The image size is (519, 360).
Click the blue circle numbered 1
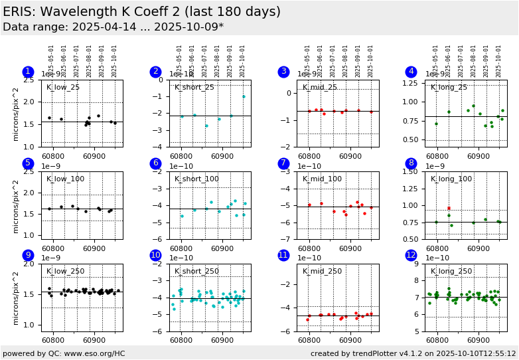pyautogui.click(x=27, y=72)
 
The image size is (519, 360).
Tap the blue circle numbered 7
pyautogui.click(x=283, y=163)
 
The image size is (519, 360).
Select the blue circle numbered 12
pyautogui.click(x=411, y=255)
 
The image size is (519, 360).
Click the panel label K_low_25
pyautogui.click(x=63, y=88)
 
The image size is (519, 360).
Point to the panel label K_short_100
pyautogui.click(x=196, y=179)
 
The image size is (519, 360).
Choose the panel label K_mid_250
pyautogui.click(x=323, y=271)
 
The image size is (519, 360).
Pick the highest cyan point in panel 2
pyautogui.click(x=244, y=96)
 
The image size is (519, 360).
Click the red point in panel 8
pyautogui.click(x=449, y=208)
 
